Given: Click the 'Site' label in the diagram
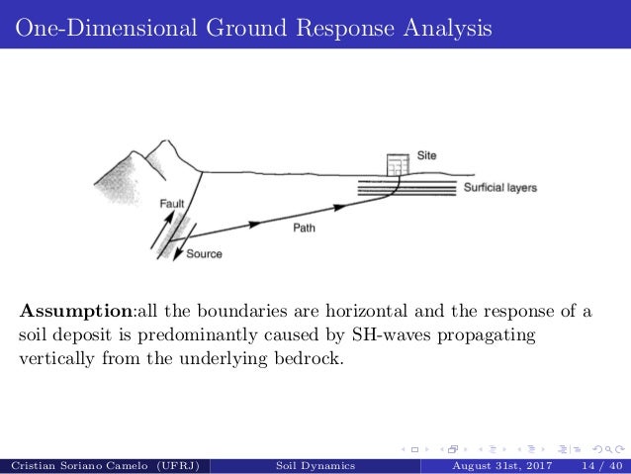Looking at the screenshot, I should pyautogui.click(x=426, y=155).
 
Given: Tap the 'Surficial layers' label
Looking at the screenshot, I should pyautogui.click(x=499, y=188).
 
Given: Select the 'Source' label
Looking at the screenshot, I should pyautogui.click(x=204, y=254).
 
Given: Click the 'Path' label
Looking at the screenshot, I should pyautogui.click(x=306, y=228).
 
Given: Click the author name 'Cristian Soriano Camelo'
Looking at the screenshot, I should pyautogui.click(x=78, y=464).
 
